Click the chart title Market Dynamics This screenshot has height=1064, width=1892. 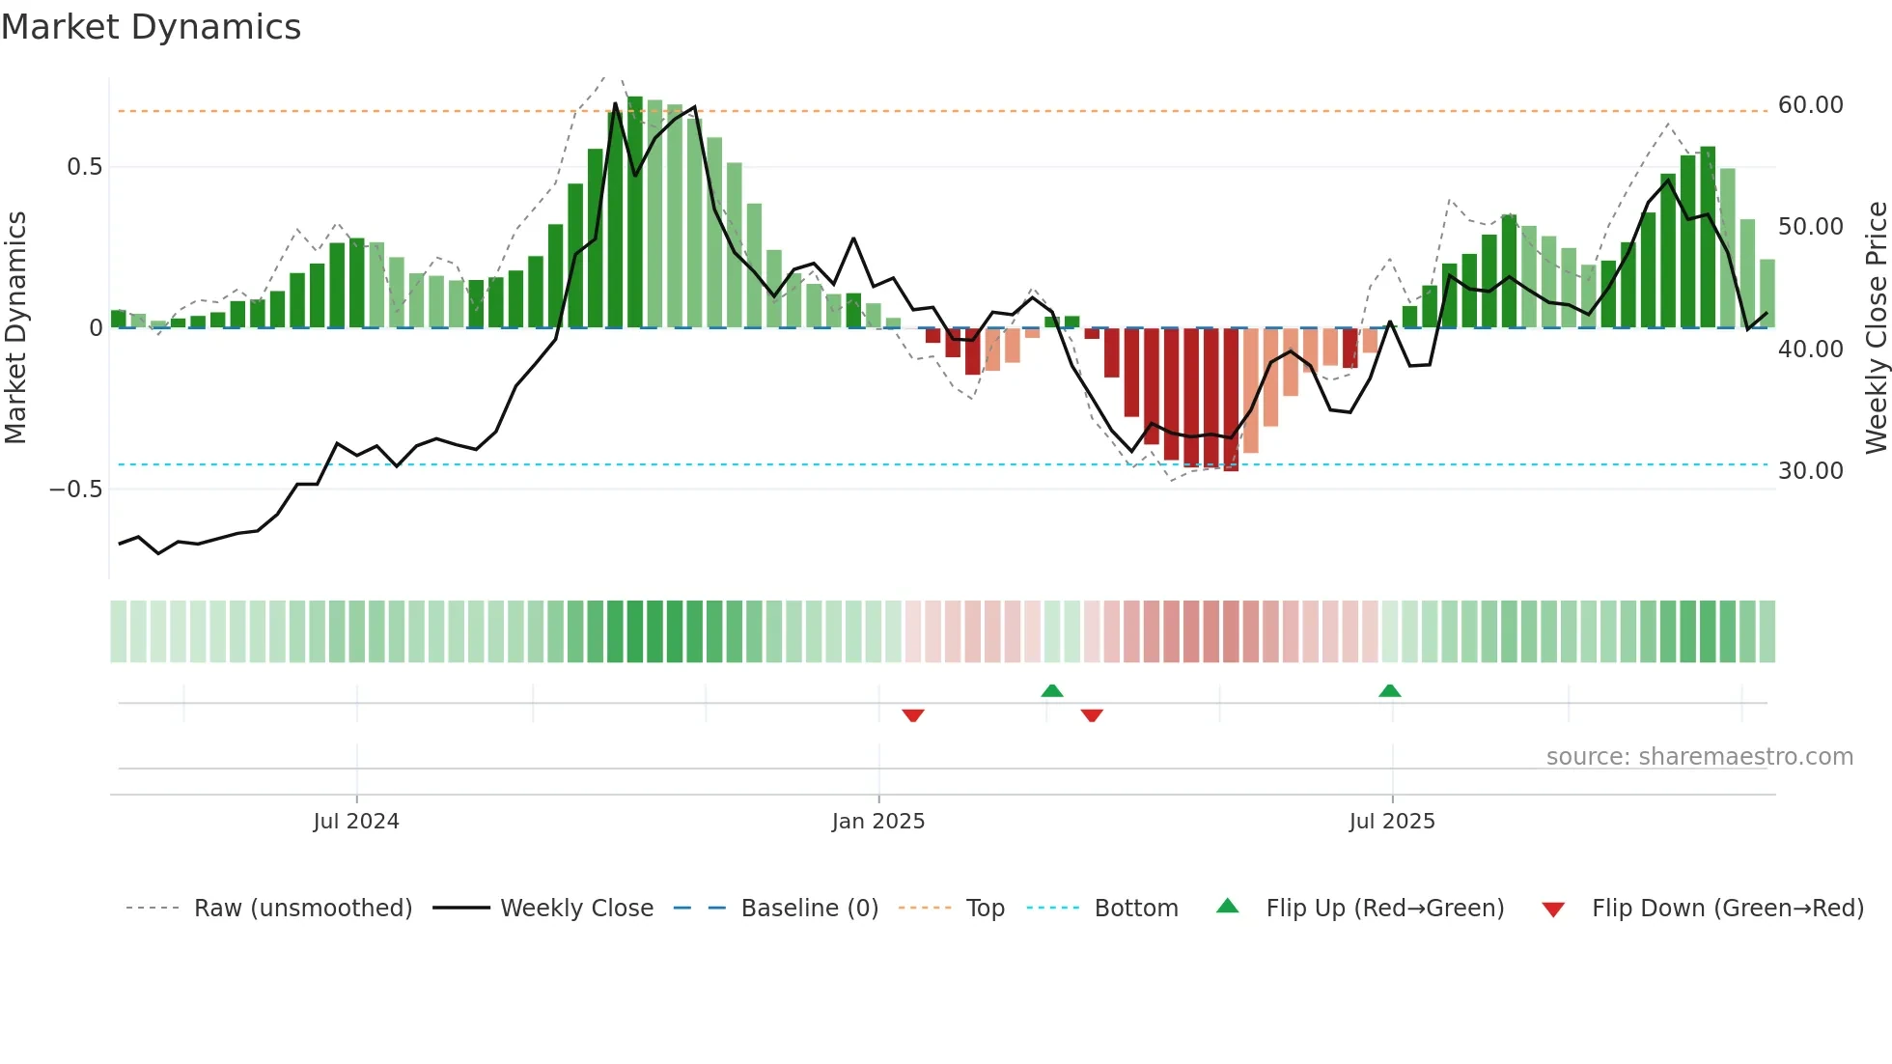click(152, 27)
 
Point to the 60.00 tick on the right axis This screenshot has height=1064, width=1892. click(1810, 104)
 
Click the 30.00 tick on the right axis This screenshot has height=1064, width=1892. click(1810, 470)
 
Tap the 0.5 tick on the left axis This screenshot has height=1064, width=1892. click(84, 167)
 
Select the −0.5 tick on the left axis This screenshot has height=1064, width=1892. click(76, 489)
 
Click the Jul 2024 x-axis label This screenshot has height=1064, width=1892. click(355, 821)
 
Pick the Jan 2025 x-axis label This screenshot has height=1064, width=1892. click(877, 821)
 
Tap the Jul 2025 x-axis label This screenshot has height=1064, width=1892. click(1391, 821)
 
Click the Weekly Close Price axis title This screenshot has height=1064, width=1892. click(1876, 327)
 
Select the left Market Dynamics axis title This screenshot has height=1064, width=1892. click(15, 327)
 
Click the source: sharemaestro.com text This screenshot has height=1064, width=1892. click(1699, 756)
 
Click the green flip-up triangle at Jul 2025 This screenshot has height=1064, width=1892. click(1389, 691)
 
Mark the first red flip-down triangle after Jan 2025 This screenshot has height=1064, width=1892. click(913, 715)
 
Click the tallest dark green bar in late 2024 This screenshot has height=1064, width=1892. click(635, 212)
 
